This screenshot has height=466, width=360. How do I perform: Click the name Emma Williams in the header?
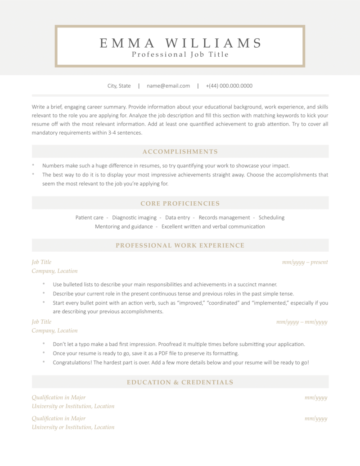[180, 43]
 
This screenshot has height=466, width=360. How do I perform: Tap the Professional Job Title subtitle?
[180, 54]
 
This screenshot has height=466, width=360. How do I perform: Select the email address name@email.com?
[168, 86]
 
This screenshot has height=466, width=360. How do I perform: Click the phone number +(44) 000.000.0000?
[229, 86]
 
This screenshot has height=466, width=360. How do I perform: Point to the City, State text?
[119, 86]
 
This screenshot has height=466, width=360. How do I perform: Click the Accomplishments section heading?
[180, 152]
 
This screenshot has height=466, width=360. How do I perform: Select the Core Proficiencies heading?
[180, 204]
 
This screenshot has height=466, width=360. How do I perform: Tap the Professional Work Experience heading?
[180, 245]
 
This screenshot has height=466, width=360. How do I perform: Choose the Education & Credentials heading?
[180, 382]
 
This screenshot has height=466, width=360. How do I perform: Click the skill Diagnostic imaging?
[134, 217]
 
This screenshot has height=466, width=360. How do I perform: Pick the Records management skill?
[224, 217]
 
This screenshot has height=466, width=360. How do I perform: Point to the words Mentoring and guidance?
[124, 226]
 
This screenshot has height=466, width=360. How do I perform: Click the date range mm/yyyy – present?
[305, 262]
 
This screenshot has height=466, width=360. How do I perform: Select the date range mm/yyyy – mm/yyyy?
[301, 322]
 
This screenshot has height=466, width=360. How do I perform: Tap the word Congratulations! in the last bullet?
[72, 362]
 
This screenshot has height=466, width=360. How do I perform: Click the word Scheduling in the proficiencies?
[271, 217]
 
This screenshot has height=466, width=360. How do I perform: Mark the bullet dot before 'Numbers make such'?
[33, 165]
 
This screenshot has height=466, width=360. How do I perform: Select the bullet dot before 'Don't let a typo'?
[44, 344]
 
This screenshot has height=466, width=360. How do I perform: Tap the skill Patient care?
[89, 217]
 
